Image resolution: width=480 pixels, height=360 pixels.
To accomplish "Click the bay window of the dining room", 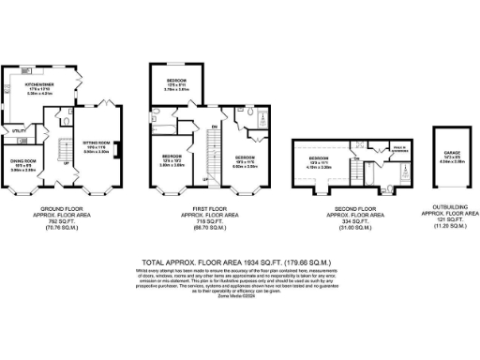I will pyautogui.click(x=21, y=195).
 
